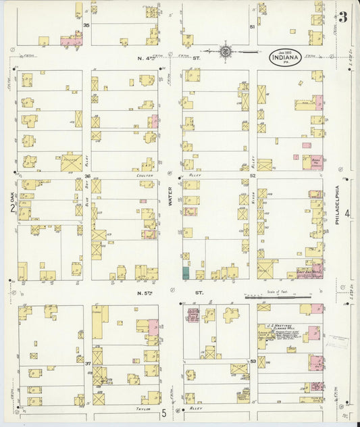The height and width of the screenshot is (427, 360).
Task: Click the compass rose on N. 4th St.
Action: (x=226, y=50)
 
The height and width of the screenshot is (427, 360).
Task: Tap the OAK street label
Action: (x=12, y=196)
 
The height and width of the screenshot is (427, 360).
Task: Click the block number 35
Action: (x=86, y=25)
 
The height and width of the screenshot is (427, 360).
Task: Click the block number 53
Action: (x=253, y=361)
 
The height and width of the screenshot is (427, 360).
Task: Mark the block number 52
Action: (x=253, y=175)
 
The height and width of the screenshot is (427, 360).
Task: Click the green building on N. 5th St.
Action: (x=186, y=273)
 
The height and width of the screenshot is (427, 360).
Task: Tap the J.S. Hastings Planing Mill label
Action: (x=277, y=325)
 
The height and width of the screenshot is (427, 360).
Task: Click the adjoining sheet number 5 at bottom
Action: (x=163, y=411)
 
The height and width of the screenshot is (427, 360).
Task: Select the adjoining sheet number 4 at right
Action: (x=346, y=214)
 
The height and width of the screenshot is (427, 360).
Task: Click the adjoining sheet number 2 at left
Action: (x=12, y=208)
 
